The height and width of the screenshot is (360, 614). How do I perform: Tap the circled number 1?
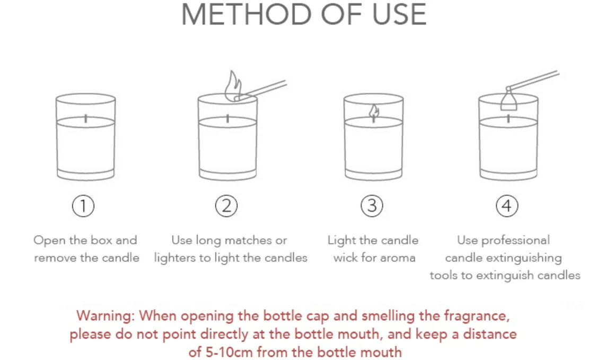(x=83, y=206)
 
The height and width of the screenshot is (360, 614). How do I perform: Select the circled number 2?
(x=226, y=206)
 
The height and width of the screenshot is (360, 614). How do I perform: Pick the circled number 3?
(x=372, y=206)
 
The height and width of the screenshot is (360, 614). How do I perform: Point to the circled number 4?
(x=507, y=206)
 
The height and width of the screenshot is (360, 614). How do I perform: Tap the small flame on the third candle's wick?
(x=374, y=112)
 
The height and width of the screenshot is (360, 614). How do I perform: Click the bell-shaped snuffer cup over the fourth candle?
(x=508, y=100)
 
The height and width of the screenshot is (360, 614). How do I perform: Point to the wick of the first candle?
(x=86, y=119)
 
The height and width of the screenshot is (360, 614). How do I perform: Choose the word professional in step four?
(x=515, y=241)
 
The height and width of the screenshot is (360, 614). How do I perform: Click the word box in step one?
(x=101, y=240)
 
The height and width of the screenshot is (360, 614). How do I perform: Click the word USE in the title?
(x=399, y=14)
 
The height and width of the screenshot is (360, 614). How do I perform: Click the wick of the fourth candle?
(x=508, y=118)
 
